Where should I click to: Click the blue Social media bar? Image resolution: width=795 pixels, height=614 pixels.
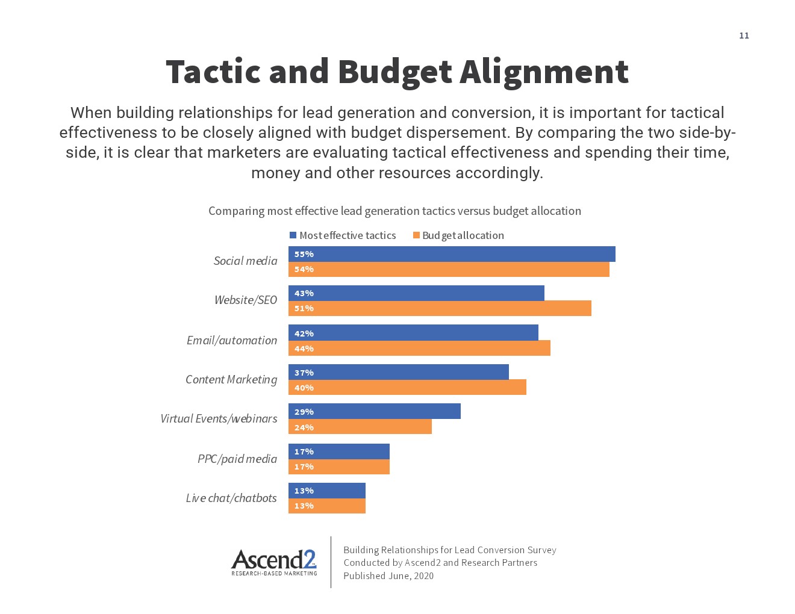pyautogui.click(x=452, y=254)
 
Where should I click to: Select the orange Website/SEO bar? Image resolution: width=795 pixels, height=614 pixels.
pyautogui.click(x=440, y=308)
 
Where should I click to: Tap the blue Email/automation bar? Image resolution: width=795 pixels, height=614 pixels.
pyautogui.click(x=413, y=333)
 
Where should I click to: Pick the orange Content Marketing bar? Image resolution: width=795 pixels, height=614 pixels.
pyautogui.click(x=407, y=388)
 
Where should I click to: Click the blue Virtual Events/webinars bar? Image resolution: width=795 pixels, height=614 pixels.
pyautogui.click(x=375, y=412)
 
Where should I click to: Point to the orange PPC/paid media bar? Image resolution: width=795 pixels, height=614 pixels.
pyautogui.click(x=339, y=467)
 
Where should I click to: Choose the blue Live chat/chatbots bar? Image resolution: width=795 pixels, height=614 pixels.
pyautogui.click(x=327, y=491)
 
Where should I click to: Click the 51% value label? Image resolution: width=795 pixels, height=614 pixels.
pyautogui.click(x=304, y=308)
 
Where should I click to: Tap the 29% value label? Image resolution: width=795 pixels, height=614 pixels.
pyautogui.click(x=304, y=412)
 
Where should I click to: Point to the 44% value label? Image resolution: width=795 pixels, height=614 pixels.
pyautogui.click(x=304, y=349)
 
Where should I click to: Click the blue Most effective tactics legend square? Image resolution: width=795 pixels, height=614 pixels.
pyautogui.click(x=293, y=235)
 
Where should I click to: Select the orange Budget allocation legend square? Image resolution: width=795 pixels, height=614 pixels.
pyautogui.click(x=416, y=235)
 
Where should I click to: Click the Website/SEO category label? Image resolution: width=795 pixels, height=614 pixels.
pyautogui.click(x=246, y=300)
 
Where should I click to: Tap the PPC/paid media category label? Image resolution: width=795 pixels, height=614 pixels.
pyautogui.click(x=237, y=459)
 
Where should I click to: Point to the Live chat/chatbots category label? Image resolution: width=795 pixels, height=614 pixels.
pyautogui.click(x=231, y=498)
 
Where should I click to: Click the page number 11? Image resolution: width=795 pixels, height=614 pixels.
pyautogui.click(x=744, y=36)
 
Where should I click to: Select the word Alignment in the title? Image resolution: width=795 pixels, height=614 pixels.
pyautogui.click(x=544, y=72)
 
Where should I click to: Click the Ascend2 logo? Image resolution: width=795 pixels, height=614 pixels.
pyautogui.click(x=274, y=562)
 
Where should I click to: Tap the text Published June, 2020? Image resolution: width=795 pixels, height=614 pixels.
pyautogui.click(x=388, y=576)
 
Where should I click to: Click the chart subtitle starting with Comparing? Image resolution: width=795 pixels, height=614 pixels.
pyautogui.click(x=394, y=211)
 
